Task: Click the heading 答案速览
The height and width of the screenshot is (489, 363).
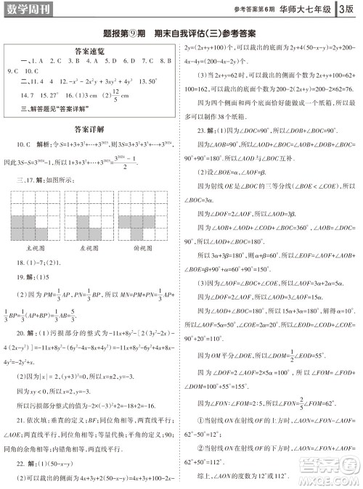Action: point(90,52)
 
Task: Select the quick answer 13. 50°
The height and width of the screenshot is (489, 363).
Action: point(148,82)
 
